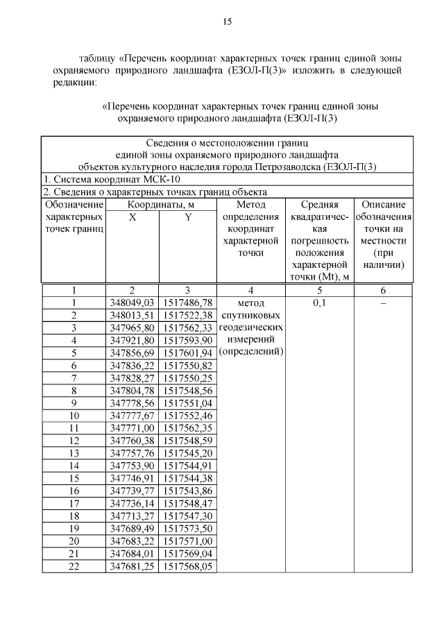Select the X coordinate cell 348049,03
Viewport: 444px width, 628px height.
click(132, 303)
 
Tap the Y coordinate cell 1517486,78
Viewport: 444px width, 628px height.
click(187, 303)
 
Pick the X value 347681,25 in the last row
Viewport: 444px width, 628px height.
click(132, 566)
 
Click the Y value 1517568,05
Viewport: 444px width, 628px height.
click(187, 566)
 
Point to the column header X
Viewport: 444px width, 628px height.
click(132, 217)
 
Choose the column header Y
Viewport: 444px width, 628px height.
click(187, 217)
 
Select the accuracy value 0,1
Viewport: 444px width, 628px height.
click(320, 303)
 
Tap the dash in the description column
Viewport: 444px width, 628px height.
click(383, 303)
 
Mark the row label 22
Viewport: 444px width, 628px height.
click(74, 566)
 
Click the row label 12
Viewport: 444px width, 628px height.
click(74, 440)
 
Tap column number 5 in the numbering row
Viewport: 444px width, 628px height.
click(320, 290)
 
